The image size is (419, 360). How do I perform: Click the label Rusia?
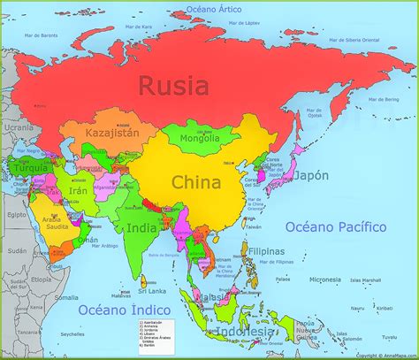(173, 86)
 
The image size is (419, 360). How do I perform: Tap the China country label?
(196, 183)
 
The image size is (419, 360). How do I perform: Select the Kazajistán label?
(110, 133)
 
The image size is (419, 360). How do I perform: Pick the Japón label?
(310, 175)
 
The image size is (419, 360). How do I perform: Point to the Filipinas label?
(267, 250)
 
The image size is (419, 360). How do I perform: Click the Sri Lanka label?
(151, 289)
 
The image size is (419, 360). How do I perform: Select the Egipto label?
(14, 214)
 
